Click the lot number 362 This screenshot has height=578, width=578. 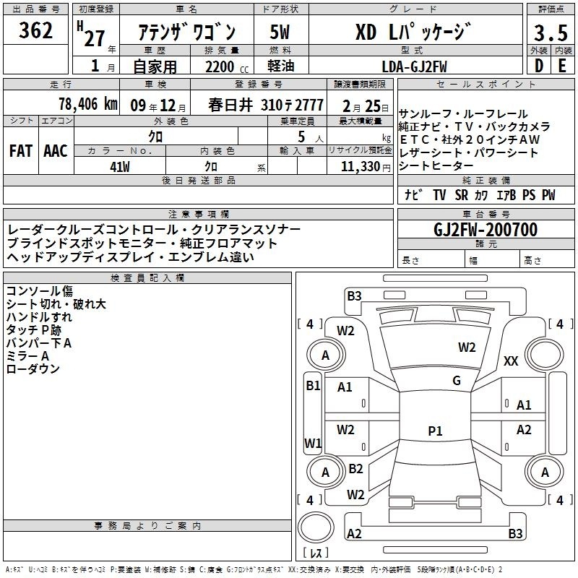[x=36, y=30]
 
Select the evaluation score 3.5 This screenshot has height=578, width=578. [x=549, y=33]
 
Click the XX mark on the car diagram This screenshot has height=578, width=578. [x=511, y=361]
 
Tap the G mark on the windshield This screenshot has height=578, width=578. [x=456, y=381]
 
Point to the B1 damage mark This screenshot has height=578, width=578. [x=312, y=386]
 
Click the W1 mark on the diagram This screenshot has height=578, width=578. [x=312, y=443]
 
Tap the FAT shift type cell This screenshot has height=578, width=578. [x=20, y=151]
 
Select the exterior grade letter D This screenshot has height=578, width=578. [x=538, y=66]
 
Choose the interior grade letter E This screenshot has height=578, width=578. [x=561, y=66]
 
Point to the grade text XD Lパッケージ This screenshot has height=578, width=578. [x=414, y=33]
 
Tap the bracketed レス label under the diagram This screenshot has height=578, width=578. [x=315, y=553]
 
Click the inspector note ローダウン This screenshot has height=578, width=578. [x=33, y=369]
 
